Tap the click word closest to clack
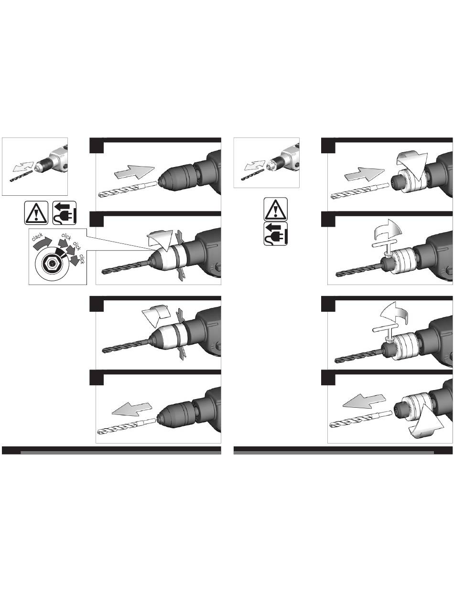[66, 236]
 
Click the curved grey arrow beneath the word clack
[42, 243]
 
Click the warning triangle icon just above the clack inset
[36, 213]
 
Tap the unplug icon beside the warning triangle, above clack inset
[65, 213]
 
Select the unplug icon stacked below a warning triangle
[275, 233]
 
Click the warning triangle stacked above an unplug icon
[275, 210]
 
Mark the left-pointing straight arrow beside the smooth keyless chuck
[131, 409]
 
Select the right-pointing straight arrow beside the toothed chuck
[365, 174]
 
